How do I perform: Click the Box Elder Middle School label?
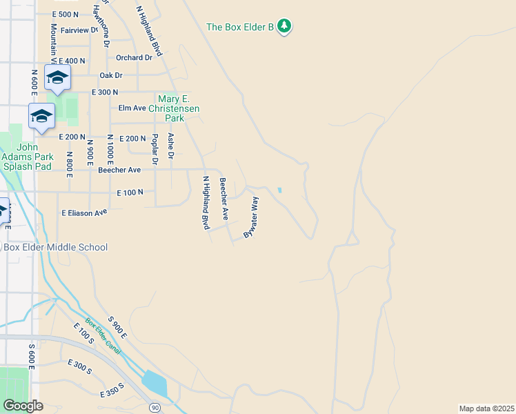(56, 247)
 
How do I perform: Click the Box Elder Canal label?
(103, 336)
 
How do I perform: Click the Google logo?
(22, 406)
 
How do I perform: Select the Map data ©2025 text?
(486, 408)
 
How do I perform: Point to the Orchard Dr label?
(134, 57)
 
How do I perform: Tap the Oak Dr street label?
(110, 75)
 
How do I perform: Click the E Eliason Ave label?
(84, 213)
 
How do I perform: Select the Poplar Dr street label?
(155, 149)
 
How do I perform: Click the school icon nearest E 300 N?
(57, 78)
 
